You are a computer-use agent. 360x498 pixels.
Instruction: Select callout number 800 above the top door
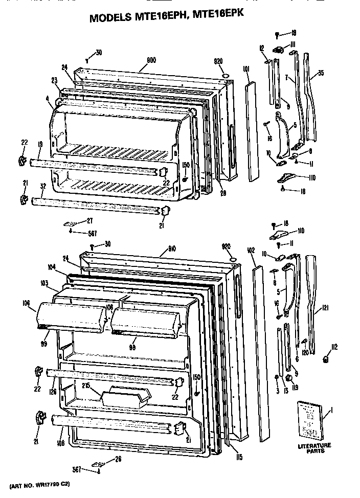coord(151,60)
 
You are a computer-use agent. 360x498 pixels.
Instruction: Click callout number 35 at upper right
coord(321,73)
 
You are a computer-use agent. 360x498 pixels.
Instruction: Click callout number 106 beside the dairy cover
coord(26,303)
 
